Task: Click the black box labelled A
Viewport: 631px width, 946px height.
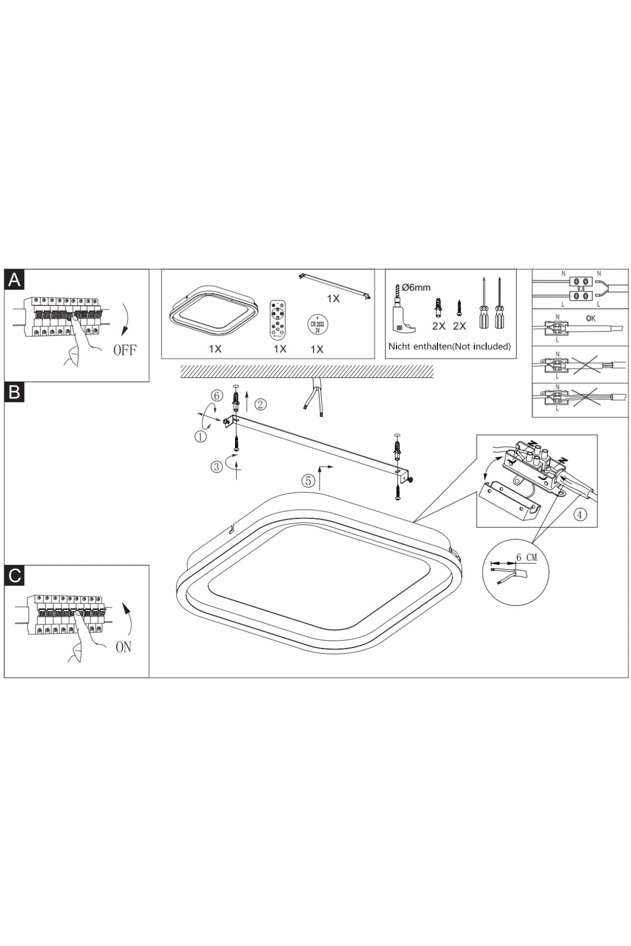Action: pos(14,280)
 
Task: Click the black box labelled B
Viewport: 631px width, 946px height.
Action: pos(14,392)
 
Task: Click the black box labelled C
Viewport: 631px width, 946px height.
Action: pos(14,575)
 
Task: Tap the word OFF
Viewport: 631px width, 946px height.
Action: pos(125,350)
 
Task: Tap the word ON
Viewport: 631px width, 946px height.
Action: pos(124,647)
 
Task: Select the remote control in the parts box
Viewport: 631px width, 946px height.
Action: pos(278,318)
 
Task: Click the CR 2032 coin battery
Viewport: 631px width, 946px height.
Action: pos(317,324)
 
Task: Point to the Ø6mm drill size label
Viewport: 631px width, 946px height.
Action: pos(416,287)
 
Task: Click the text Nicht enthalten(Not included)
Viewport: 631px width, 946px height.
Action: pos(450,346)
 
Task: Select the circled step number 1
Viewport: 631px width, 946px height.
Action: pos(200,436)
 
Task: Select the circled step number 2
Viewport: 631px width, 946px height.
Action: pos(261,404)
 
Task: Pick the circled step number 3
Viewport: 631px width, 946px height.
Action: pos(217,467)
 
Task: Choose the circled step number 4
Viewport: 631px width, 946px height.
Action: pos(579,515)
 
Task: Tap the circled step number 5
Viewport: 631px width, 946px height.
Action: pos(308,480)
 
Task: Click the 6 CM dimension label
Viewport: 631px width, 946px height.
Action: pos(526,557)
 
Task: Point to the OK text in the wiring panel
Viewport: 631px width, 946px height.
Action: pos(591,318)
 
